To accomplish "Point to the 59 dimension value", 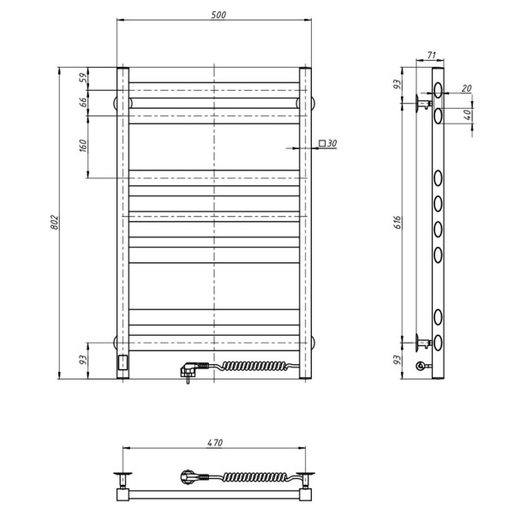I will (83, 78).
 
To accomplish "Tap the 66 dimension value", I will (83, 102).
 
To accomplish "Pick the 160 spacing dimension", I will (83, 146).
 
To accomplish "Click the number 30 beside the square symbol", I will (332, 143).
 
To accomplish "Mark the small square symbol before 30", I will (321, 143).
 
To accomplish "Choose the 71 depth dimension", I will (431, 56).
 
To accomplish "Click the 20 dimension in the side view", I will (465, 87).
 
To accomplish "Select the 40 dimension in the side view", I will (468, 115).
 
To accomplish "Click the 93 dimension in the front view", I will (83, 360).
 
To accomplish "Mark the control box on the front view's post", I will (123, 363).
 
